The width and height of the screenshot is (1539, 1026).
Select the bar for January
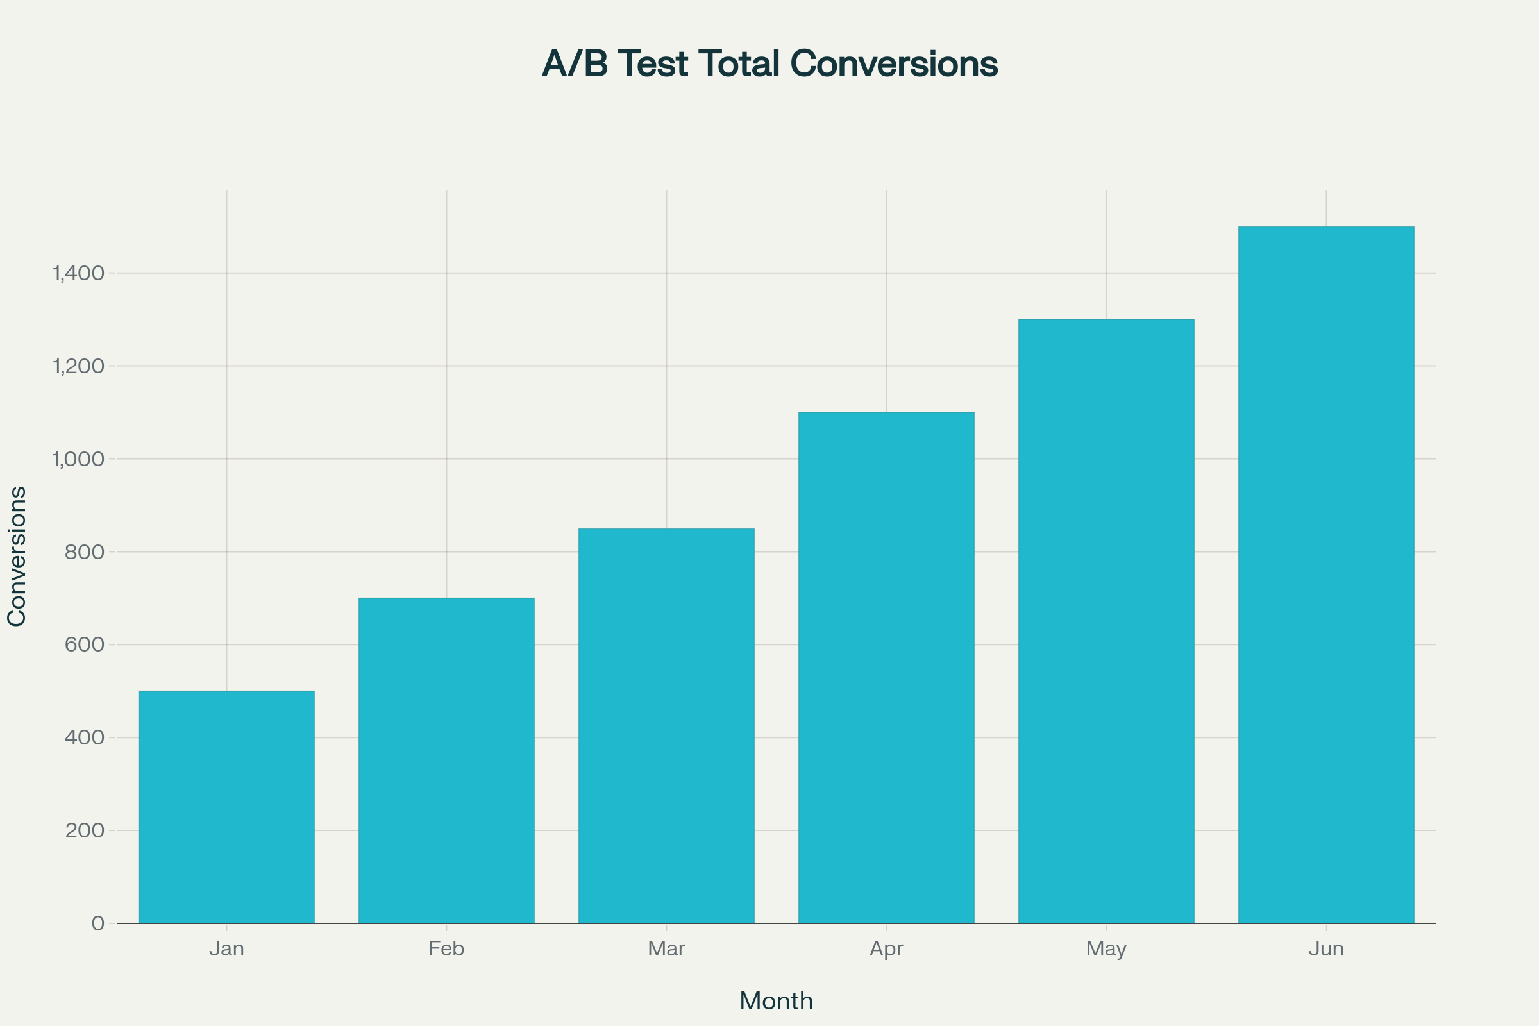226,807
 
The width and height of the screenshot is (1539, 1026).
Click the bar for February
446,761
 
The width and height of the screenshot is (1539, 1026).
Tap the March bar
666,726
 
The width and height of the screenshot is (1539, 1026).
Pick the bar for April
886,668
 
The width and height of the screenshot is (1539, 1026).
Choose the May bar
1106,621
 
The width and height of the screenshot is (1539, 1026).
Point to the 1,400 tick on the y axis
78,274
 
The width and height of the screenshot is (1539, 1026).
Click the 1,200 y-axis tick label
78,366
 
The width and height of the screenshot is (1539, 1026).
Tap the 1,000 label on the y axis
78,459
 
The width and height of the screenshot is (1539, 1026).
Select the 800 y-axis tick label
85,552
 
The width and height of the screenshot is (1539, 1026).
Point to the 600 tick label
85,644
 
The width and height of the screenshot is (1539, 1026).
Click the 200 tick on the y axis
85,830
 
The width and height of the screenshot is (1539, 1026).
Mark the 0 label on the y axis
98,923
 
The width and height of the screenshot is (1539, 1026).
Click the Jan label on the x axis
226,949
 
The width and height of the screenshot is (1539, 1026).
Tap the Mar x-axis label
666,949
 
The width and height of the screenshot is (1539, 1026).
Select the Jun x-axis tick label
1325,949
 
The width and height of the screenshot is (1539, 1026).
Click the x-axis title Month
776,1001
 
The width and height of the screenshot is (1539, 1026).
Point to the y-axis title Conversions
17,556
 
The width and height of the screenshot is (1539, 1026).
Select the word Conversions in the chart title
894,64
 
